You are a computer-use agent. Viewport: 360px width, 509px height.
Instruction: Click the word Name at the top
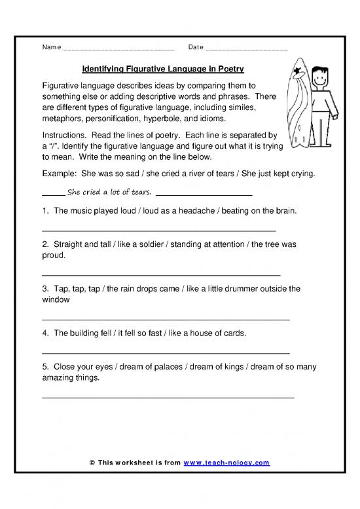pos(52,48)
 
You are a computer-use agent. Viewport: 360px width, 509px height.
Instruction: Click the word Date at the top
pos(196,48)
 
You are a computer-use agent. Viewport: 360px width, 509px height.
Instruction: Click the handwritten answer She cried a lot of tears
pos(109,192)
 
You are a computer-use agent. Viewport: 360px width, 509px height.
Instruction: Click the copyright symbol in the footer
pos(92,462)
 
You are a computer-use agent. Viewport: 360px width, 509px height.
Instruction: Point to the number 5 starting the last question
pos(44,368)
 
